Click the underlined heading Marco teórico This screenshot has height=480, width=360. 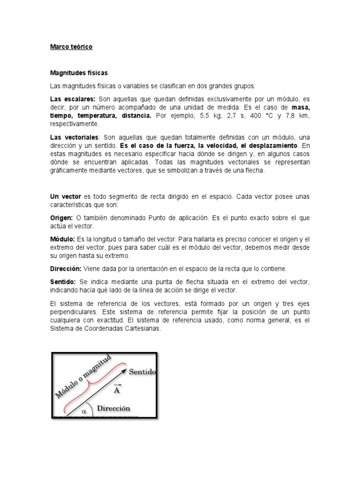pyautogui.click(x=71, y=47)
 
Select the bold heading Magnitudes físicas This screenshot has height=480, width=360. pyautogui.click(x=79, y=73)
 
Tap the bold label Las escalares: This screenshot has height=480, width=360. pyautogui.click(x=73, y=99)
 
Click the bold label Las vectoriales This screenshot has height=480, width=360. pyautogui.click(x=74, y=137)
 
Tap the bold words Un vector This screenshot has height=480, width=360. pyautogui.click(x=65, y=196)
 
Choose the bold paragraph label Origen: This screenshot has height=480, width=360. pyautogui.click(x=61, y=218)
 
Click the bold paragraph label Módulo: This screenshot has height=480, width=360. pyautogui.click(x=62, y=239)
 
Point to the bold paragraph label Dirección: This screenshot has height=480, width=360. pyautogui.click(x=66, y=269)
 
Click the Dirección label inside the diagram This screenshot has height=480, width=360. pyautogui.click(x=113, y=408)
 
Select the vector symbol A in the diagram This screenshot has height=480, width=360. pyautogui.click(x=116, y=390)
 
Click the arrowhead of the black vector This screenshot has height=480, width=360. pyautogui.click(x=124, y=371)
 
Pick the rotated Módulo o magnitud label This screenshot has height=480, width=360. pyautogui.click(x=83, y=377)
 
